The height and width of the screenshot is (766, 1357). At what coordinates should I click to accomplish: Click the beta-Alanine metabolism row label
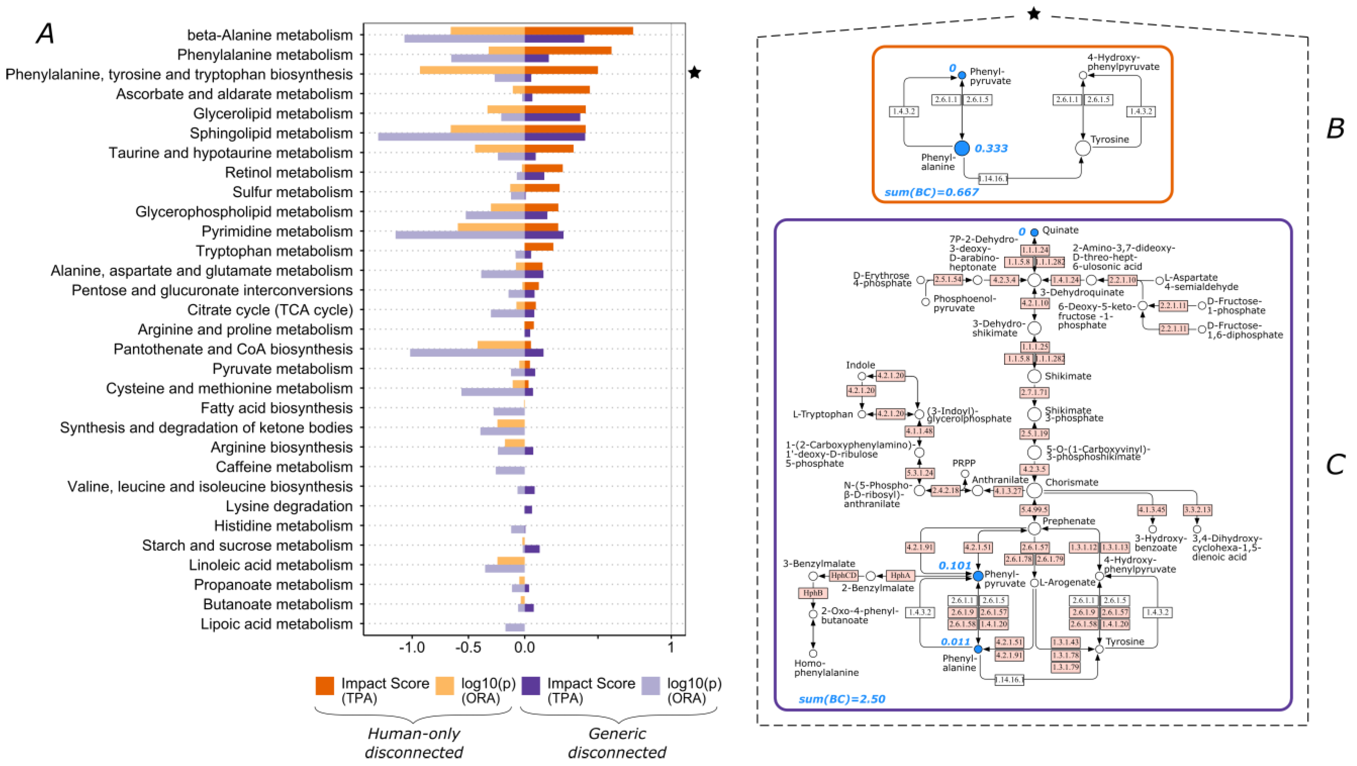pyautogui.click(x=270, y=35)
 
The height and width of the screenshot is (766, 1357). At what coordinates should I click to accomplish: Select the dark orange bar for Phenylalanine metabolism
pyautogui.click(x=568, y=50)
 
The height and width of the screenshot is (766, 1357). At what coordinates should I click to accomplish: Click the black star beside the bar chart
pyautogui.click(x=695, y=73)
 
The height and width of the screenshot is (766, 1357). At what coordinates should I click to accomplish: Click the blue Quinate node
pyautogui.click(x=1034, y=232)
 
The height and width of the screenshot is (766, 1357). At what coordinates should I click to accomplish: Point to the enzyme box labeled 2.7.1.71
pyautogui.click(x=1034, y=392)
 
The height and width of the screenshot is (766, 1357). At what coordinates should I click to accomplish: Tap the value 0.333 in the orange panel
pyautogui.click(x=991, y=148)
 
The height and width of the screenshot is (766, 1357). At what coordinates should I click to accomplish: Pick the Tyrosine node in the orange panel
pyautogui.click(x=1083, y=148)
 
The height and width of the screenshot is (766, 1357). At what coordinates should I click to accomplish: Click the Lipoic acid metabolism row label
pyautogui.click(x=276, y=624)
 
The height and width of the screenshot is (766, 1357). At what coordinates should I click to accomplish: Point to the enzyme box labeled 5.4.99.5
pyautogui.click(x=1034, y=510)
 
